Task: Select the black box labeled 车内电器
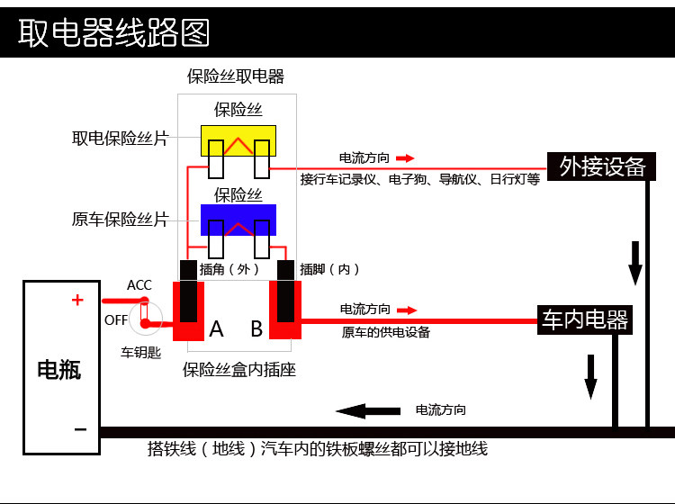pos(585,319)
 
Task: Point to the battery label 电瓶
pos(59,369)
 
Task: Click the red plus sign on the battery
pos(77,301)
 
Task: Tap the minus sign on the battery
pos(80,429)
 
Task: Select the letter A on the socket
pos(216,328)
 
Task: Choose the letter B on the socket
pos(256,328)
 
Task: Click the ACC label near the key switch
pos(139,285)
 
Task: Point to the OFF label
pos(116,319)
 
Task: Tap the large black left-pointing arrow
pos(368,410)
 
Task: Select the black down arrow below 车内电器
pos(590,376)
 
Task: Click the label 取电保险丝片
pos(120,139)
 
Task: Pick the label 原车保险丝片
pos(120,219)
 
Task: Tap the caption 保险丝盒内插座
pos(239,369)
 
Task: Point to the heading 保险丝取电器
pos(236,76)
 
